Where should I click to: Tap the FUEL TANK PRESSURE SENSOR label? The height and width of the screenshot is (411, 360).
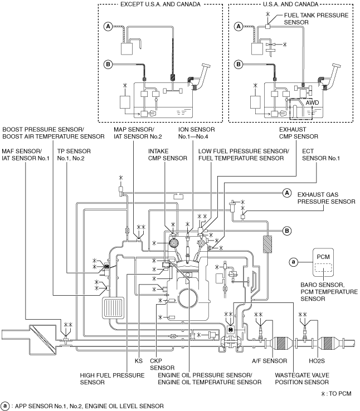[x=316, y=18]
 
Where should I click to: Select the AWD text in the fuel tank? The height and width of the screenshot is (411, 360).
[x=312, y=102]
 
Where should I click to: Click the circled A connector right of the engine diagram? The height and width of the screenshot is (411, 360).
[x=287, y=193]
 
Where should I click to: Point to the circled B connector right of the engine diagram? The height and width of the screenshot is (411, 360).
[x=287, y=231]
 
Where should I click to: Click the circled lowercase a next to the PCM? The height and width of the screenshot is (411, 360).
[x=293, y=262]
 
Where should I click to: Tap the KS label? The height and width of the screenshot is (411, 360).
[x=139, y=361]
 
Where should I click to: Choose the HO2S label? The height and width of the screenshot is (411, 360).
[x=317, y=361]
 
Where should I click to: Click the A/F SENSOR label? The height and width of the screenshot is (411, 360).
[x=270, y=361]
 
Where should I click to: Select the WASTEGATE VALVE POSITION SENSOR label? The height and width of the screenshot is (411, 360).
[x=302, y=379]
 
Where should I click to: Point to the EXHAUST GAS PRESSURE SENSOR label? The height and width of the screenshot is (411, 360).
[x=326, y=198]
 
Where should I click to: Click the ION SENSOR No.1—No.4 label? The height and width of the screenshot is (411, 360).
[x=196, y=133]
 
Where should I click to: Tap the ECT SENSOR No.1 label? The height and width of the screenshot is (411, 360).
[x=320, y=155]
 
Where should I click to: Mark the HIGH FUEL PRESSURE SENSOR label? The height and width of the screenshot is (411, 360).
[x=112, y=379]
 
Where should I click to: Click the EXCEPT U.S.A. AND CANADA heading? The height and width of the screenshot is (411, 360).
[x=160, y=4]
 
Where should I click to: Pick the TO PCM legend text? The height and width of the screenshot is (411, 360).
[x=336, y=393]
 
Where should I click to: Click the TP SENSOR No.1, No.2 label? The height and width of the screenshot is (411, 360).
[x=74, y=155]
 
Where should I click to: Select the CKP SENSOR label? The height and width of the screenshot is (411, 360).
[x=162, y=364]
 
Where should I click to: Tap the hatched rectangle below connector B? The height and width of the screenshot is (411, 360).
[x=267, y=244]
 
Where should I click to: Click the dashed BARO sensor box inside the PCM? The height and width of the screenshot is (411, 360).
[x=323, y=268]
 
